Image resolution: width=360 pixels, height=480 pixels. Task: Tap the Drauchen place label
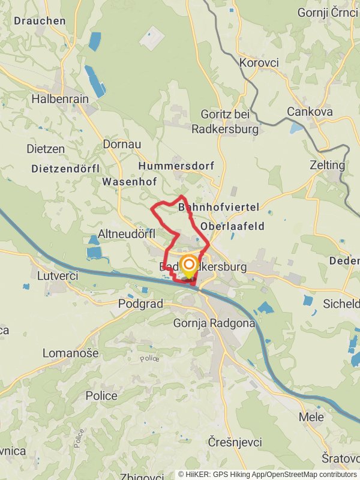coord(40,20)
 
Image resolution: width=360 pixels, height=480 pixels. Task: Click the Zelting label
coord(328,165)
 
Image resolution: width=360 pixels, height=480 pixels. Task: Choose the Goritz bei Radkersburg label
coord(225,123)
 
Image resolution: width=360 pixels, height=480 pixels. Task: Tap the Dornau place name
coord(122,144)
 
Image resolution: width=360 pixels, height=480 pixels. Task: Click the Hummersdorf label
coord(176,166)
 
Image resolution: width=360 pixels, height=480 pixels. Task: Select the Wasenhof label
coord(129,181)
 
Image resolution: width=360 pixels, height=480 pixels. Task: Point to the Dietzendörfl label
coord(65,169)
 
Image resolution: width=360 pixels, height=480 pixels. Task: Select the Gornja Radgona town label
coord(214,323)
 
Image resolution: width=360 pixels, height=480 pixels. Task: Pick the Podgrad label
coord(141,304)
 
